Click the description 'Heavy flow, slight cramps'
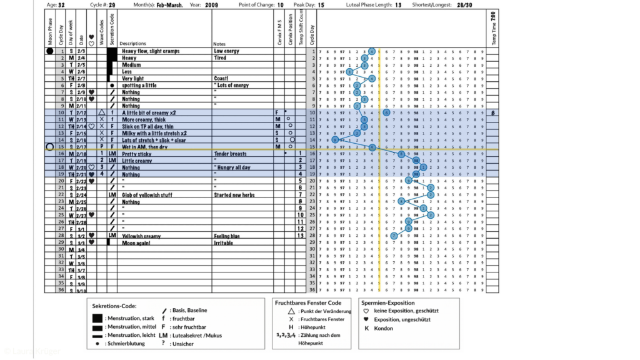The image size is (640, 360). (x=151, y=51)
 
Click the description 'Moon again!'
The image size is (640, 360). (x=137, y=242)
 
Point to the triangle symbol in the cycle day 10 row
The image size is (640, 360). (x=102, y=112)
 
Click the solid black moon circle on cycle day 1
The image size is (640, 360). (x=49, y=51)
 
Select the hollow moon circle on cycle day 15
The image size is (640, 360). (x=49, y=147)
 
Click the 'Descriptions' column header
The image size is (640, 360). (x=132, y=44)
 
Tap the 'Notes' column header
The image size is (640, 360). (x=219, y=44)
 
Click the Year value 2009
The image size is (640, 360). (x=211, y=4)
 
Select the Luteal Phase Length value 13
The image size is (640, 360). (x=398, y=4)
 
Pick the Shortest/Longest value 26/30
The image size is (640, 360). (x=464, y=4)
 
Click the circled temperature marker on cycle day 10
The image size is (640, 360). (x=386, y=112)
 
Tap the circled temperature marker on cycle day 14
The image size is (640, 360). (x=335, y=140)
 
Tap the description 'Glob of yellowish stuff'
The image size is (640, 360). (x=147, y=195)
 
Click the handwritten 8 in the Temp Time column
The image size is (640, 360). (x=493, y=112)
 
